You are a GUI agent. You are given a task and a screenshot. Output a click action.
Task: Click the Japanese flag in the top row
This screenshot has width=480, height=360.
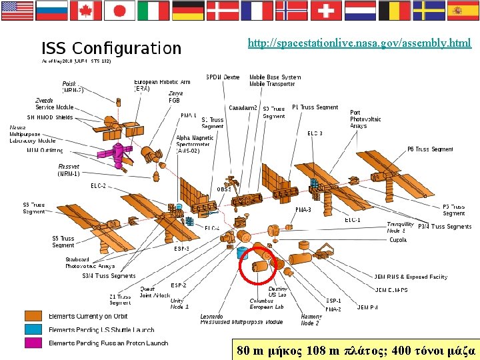(x=120, y=11)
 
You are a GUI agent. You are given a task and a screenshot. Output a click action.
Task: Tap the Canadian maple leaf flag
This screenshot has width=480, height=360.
(x=85, y=11)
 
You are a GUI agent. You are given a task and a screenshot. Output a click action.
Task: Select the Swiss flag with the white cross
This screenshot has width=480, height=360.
(x=325, y=11)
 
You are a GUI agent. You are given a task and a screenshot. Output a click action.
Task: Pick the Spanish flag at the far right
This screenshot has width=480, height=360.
(x=463, y=11)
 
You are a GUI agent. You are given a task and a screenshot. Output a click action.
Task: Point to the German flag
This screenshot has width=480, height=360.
(x=188, y=11)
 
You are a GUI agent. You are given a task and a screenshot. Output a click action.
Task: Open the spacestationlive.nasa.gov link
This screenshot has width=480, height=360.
(x=359, y=43)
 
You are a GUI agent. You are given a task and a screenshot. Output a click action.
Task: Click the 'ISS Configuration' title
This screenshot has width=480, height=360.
(x=111, y=49)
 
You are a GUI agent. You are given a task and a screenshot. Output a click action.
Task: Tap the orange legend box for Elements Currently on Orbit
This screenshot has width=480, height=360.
(x=33, y=316)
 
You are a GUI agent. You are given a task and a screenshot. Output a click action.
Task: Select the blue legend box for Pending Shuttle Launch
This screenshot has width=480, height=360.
(x=33, y=329)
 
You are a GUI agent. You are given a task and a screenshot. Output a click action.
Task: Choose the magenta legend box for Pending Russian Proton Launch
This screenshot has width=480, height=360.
(x=33, y=343)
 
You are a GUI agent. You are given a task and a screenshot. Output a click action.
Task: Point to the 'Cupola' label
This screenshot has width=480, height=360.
(x=398, y=240)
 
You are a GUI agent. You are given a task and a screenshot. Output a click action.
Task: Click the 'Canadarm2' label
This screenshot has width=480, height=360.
(x=243, y=108)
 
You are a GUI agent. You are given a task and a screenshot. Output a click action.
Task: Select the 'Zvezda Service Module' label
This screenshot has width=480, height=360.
(x=54, y=103)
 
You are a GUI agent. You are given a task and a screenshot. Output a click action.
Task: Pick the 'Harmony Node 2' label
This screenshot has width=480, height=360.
(x=311, y=319)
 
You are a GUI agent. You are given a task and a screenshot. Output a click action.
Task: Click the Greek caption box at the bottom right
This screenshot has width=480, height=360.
(x=356, y=349)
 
